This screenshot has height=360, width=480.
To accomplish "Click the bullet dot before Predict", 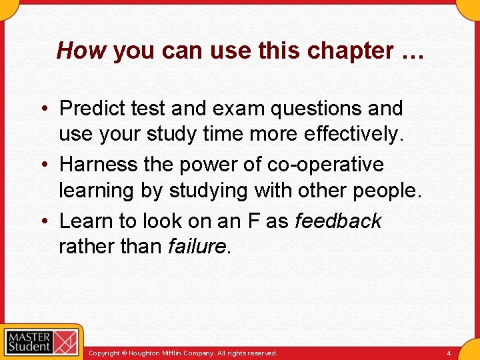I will [45, 109].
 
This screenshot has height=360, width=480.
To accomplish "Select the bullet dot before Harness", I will [45, 165].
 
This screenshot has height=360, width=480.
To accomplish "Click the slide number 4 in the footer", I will [449, 353].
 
